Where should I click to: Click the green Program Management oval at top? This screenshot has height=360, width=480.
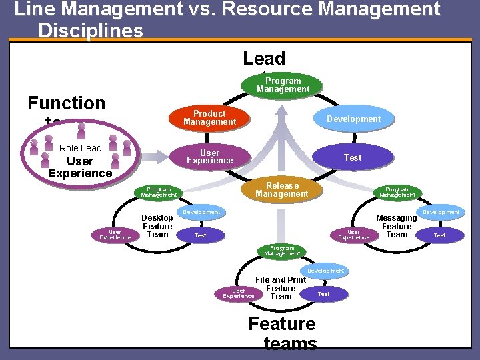pyautogui.click(x=283, y=85)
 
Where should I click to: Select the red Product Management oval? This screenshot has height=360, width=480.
pyautogui.click(x=209, y=118)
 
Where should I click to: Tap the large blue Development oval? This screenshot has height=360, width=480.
pyautogui.click(x=353, y=119)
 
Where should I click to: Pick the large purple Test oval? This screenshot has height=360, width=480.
pyautogui.click(x=353, y=157)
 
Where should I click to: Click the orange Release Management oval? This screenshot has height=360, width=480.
pyautogui.click(x=282, y=190)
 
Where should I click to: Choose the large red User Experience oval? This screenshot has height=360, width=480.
pyautogui.click(x=209, y=157)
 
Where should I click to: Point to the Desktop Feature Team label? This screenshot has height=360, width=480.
pyautogui.click(x=157, y=226)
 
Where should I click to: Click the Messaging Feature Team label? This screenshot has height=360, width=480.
pyautogui.click(x=397, y=226)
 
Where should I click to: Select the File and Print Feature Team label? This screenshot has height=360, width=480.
pyautogui.click(x=281, y=288)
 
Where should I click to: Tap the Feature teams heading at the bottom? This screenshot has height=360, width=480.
pyautogui.click(x=282, y=333)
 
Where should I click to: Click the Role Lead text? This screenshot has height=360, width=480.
pyautogui.click(x=81, y=148)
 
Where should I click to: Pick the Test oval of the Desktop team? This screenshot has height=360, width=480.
pyautogui.click(x=200, y=235)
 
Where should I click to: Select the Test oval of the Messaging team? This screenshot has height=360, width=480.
pyautogui.click(x=440, y=235)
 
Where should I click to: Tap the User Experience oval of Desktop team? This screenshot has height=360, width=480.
pyautogui.click(x=115, y=235)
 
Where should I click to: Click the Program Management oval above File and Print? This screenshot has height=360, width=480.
pyautogui.click(x=282, y=251)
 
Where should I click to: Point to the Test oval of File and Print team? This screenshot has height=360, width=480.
pyautogui.click(x=323, y=293)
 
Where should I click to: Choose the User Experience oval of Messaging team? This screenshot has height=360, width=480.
pyautogui.click(x=353, y=235)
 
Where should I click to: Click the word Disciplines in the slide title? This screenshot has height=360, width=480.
pyautogui.click(x=91, y=31)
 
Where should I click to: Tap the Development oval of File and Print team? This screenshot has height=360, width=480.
pyautogui.click(x=326, y=271)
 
